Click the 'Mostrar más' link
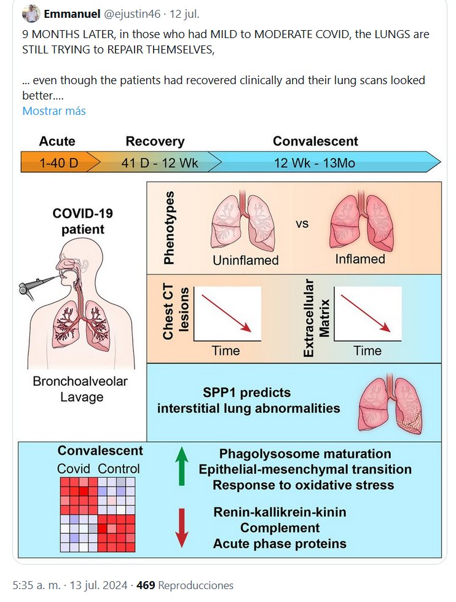[54, 111]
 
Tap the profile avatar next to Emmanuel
[31, 14]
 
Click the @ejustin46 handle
[132, 14]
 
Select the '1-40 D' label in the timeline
[59, 163]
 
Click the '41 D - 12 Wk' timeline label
[159, 163]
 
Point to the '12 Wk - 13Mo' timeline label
[314, 163]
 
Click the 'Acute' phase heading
[57, 141]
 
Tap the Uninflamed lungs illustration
[243, 220]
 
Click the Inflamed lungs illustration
[361, 220]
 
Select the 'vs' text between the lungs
[302, 224]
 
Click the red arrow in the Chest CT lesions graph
[226, 313]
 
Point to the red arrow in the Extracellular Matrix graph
[366, 313]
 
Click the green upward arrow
[182, 466]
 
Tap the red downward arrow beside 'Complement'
[182, 528]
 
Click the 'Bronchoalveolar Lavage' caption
[81, 389]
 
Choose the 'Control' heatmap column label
[119, 469]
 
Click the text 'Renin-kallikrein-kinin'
[280, 512]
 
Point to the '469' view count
[146, 585]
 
